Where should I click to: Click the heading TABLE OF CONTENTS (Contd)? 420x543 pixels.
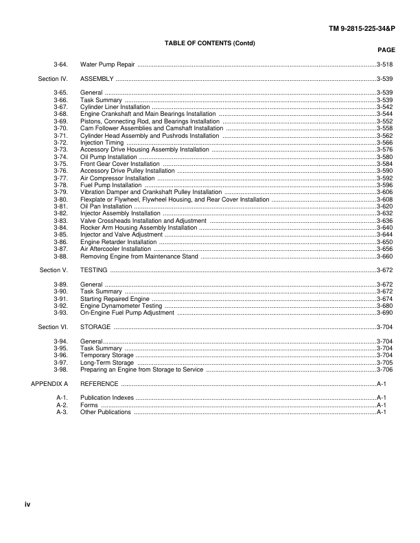point(210,43)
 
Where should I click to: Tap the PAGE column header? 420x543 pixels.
point(386,50)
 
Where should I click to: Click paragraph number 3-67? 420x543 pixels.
point(60,107)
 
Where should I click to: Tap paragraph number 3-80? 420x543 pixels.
point(60,199)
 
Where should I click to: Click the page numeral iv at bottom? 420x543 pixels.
point(27,505)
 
